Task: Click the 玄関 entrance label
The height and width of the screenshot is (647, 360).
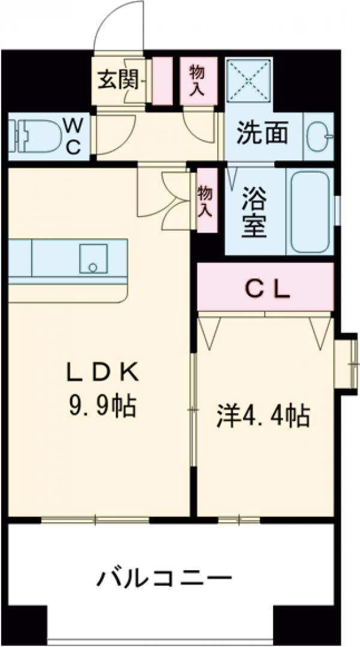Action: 119,79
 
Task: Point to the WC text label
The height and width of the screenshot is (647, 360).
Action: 73,136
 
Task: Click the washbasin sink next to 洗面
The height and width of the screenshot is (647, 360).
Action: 318,137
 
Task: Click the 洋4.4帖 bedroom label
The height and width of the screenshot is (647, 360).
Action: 263,415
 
